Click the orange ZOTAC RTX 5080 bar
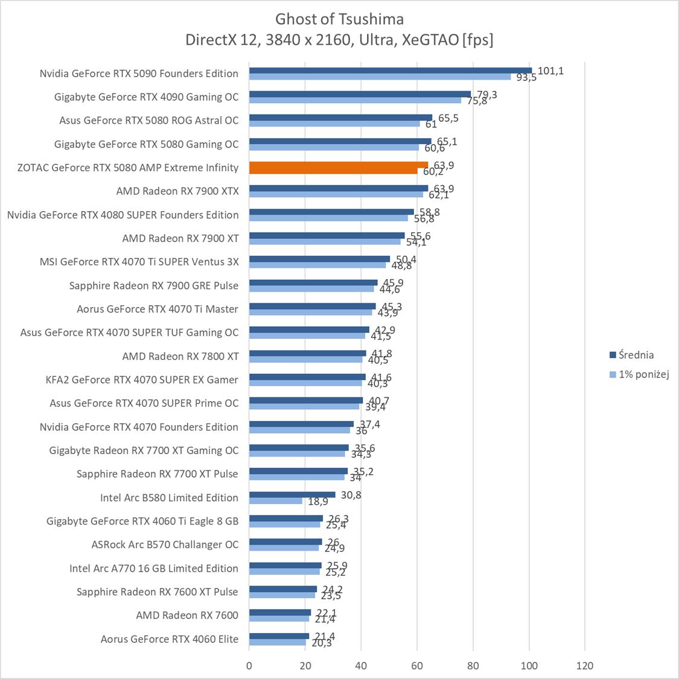click(338, 165)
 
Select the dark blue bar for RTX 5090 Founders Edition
click(390, 71)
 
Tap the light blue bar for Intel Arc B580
click(275, 501)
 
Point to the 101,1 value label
click(550, 71)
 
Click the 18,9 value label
click(317, 502)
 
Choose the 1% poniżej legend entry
click(640, 374)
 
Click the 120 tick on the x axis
click(585, 666)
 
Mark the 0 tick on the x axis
click(249, 666)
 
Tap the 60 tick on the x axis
click(417, 666)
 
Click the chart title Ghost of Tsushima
click(339, 19)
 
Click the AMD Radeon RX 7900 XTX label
click(177, 191)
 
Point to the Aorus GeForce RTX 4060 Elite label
click(170, 639)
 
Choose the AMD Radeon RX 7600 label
click(187, 616)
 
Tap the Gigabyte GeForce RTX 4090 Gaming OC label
click(147, 97)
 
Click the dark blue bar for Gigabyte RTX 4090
click(360, 94)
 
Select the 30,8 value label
click(351, 494)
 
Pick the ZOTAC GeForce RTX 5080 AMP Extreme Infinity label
click(128, 168)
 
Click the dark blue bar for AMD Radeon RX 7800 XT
click(307, 353)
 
